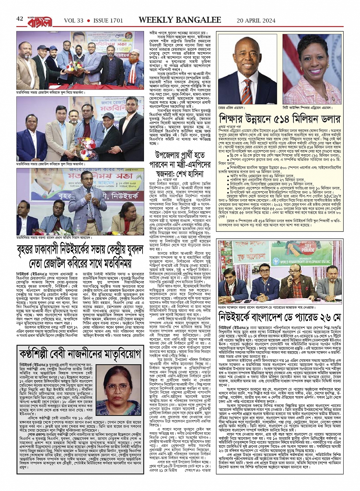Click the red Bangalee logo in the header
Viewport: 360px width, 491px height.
coord(40,18)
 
